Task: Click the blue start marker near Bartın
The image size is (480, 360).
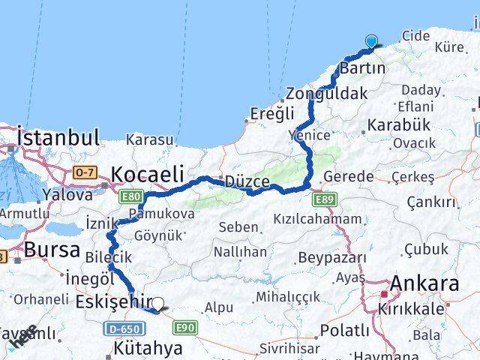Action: click(372, 42)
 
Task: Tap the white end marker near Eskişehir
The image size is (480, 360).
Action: click(157, 304)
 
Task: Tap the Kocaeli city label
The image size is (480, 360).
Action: click(147, 174)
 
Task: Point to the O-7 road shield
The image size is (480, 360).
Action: click(84, 173)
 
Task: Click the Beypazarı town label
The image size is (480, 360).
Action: click(332, 258)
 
